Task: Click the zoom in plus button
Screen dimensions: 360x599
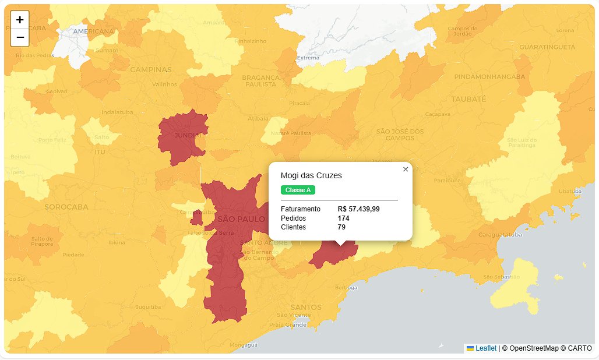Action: point(20,19)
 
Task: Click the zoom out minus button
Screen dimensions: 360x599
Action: point(20,37)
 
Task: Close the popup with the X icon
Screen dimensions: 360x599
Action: point(406,169)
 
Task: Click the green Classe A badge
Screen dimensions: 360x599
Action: point(298,190)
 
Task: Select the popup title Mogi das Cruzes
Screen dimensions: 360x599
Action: point(311,175)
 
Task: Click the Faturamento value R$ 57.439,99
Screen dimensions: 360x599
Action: point(358,209)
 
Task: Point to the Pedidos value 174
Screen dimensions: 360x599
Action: point(343,218)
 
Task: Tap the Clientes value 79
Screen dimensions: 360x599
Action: point(341,227)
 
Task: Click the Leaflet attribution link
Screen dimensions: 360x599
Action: point(485,348)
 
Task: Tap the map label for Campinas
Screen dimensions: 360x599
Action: point(150,69)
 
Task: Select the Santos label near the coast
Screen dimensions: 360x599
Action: point(305,307)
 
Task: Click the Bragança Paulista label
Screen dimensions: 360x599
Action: point(259,80)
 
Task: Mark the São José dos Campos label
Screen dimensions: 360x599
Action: point(400,135)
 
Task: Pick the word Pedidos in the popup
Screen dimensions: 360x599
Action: point(293,218)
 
